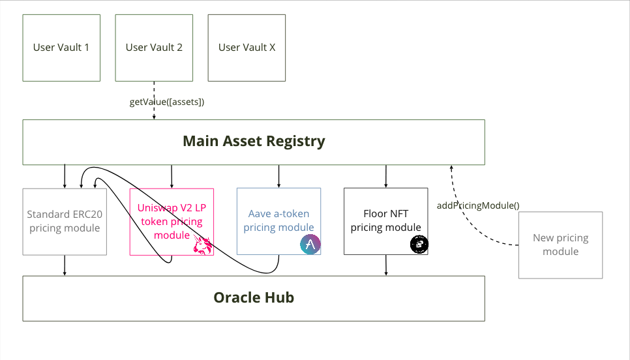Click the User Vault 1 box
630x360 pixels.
tap(61, 48)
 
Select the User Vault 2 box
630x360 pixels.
tap(154, 48)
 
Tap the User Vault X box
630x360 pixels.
tap(247, 48)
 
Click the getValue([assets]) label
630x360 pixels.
tap(168, 102)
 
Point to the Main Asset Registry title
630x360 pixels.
tap(254, 141)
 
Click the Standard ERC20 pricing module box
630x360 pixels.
tap(64, 221)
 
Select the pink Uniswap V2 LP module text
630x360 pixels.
tap(170, 220)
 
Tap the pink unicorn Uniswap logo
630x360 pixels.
tap(203, 246)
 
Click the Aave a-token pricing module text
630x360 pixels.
tap(278, 220)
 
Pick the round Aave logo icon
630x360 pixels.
tap(310, 245)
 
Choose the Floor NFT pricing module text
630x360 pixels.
tap(385, 220)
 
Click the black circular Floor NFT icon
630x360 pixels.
tap(419, 245)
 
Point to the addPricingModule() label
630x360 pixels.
tap(477, 205)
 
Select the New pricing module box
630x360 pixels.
tap(560, 245)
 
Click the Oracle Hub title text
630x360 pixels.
tap(254, 298)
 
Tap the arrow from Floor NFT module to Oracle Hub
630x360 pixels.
tap(386, 265)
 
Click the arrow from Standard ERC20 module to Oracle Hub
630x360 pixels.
tap(65, 265)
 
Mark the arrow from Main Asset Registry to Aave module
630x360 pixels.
tap(279, 176)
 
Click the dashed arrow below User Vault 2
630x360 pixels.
tap(154, 91)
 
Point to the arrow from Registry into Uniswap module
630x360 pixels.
tap(172, 176)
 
